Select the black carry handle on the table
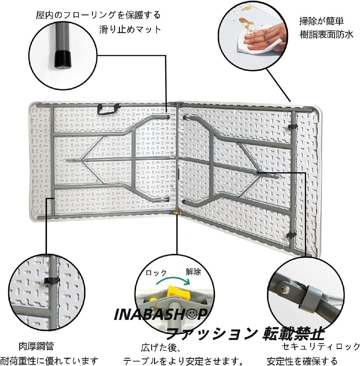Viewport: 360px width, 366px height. (x=108, y=109)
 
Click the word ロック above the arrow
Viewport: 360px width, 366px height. (x=156, y=273)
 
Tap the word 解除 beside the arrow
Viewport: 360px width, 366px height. (x=193, y=272)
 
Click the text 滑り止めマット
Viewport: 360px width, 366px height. (x=130, y=30)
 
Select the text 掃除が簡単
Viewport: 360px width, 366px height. (x=322, y=21)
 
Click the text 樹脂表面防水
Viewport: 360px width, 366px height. (x=326, y=34)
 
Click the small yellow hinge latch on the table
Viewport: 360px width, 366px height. (x=176, y=213)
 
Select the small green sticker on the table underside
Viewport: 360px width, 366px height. (x=97, y=181)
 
